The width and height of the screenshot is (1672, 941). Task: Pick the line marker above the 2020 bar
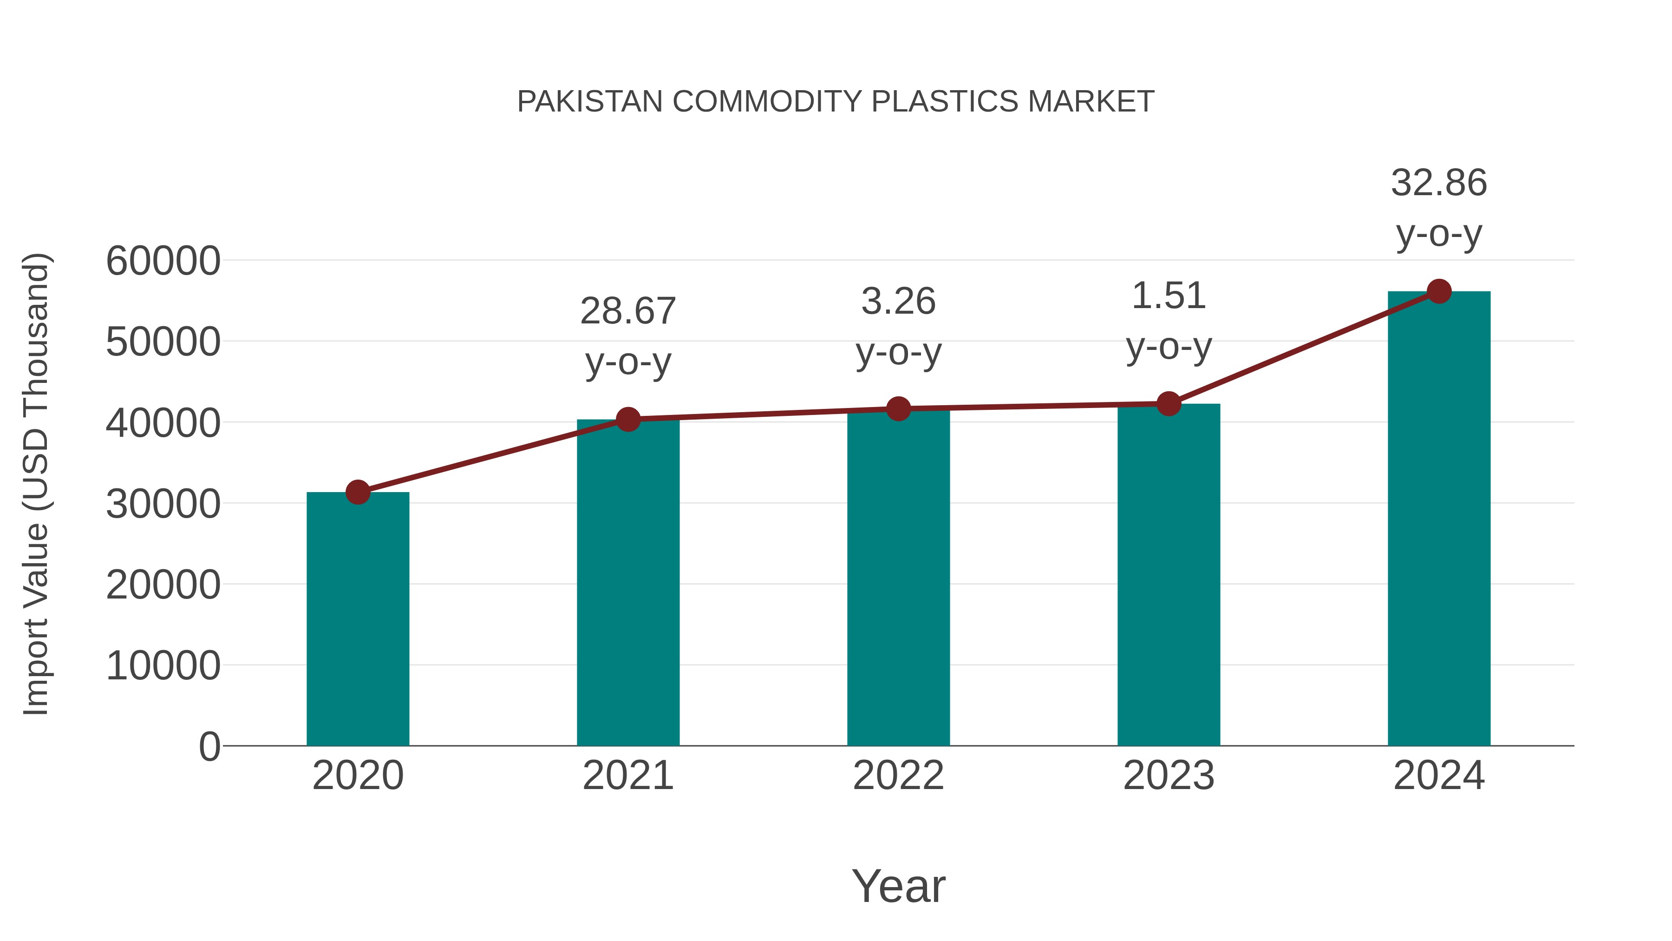click(x=358, y=492)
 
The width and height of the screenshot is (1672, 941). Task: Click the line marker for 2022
click(x=898, y=409)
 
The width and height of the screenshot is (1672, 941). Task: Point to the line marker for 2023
click(x=1169, y=404)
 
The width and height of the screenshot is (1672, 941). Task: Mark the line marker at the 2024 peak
click(x=1439, y=291)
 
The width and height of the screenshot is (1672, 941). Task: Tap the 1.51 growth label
click(x=1169, y=296)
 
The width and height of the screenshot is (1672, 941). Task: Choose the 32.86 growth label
click(x=1439, y=183)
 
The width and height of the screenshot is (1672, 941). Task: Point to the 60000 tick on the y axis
click(x=163, y=261)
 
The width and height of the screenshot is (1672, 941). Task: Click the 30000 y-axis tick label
click(x=163, y=504)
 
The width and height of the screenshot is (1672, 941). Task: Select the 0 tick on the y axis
click(x=209, y=747)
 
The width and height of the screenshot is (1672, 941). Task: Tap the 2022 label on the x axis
click(x=898, y=776)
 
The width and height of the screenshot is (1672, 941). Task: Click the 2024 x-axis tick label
click(x=1439, y=776)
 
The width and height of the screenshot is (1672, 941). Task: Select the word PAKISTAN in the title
click(x=589, y=102)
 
